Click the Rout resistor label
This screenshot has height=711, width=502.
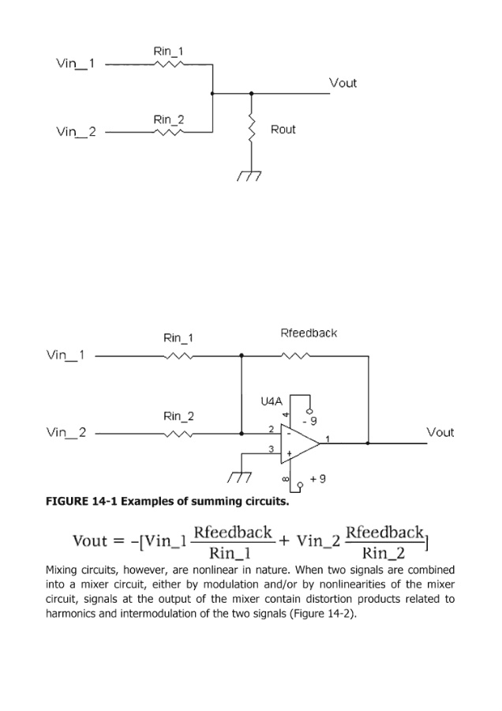(x=283, y=129)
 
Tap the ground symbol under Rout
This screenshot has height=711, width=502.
(x=252, y=175)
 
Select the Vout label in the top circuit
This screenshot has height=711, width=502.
(x=343, y=83)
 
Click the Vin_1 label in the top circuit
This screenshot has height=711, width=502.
(x=75, y=64)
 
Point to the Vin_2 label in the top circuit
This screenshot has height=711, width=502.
(x=75, y=132)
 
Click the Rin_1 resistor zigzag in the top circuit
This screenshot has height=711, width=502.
(x=168, y=64)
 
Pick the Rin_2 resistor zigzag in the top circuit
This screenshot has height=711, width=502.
(x=168, y=132)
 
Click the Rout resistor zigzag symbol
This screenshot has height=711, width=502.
(x=252, y=129)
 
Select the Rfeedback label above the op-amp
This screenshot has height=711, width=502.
(x=309, y=333)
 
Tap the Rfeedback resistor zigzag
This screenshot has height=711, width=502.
(x=296, y=356)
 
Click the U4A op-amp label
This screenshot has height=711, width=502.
(x=272, y=401)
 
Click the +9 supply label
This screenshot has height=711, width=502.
(x=318, y=479)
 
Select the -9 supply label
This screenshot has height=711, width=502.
(x=314, y=420)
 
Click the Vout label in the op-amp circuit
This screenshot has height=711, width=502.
(x=440, y=432)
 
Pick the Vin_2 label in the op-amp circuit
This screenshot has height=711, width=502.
(x=66, y=433)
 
